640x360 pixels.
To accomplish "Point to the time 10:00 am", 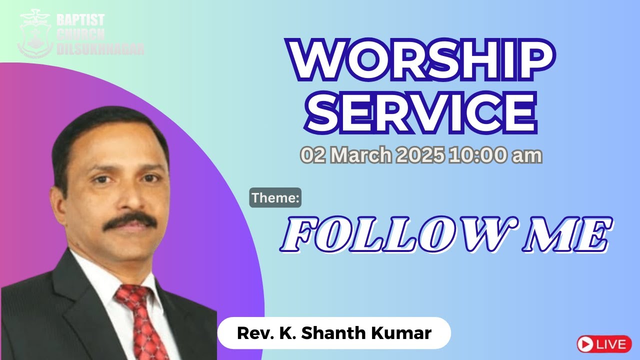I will tap(495, 155).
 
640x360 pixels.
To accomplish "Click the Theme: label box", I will tap(275, 197).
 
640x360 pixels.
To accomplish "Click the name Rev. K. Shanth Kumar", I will tap(334, 332).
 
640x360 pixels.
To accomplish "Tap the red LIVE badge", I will tap(603, 344).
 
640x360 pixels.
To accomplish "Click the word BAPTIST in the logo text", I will tap(80, 20).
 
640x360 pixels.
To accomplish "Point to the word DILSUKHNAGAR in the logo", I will tap(100, 48).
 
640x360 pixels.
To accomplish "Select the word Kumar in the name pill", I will tap(407, 332).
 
